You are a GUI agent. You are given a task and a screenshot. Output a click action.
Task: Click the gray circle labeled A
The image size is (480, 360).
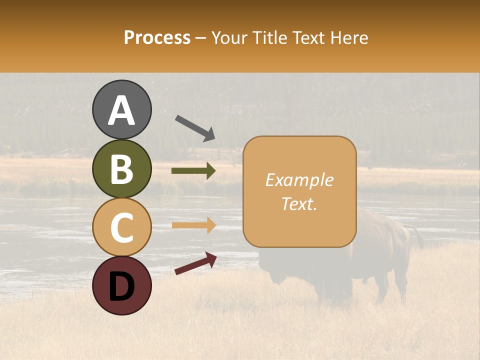point(121,109)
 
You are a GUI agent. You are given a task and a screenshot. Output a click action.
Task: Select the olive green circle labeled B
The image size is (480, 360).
point(121,168)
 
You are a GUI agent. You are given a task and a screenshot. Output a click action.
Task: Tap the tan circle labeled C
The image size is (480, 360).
point(121,227)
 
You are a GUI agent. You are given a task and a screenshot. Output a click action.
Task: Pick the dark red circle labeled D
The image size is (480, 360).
point(121,285)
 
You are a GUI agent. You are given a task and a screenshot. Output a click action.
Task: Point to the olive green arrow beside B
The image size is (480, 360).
point(193,171)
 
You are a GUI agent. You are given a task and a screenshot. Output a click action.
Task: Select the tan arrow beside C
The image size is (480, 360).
point(193,225)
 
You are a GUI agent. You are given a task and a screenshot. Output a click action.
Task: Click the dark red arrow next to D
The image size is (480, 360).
point(195,263)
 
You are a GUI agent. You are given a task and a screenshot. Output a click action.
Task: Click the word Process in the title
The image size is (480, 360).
point(157,38)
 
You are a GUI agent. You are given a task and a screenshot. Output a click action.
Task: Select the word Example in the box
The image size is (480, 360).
point(299,180)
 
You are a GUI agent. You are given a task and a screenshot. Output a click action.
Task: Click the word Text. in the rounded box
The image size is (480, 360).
point(299,203)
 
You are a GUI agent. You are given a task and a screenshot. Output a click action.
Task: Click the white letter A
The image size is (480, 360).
point(121,110)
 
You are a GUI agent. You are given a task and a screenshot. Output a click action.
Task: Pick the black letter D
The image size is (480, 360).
point(121,286)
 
